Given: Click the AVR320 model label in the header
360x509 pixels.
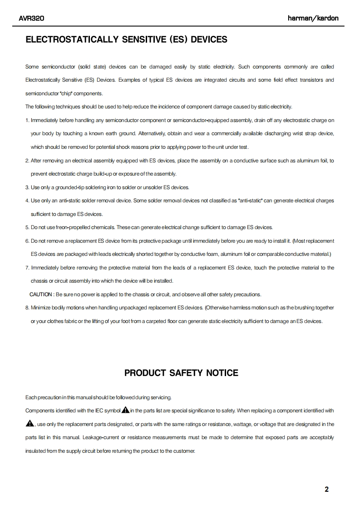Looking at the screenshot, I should point(31,19).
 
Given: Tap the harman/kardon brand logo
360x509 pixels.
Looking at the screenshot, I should point(313,19).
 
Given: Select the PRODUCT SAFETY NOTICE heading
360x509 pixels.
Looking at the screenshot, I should point(181,373).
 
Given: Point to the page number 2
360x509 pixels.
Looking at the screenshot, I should point(326,489).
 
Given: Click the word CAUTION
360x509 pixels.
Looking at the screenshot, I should point(41,294).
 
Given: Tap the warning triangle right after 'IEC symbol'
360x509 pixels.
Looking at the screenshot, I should point(125,411).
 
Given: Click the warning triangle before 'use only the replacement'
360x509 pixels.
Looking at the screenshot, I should point(30,424).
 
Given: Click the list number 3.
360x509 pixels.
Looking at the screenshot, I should point(27,187).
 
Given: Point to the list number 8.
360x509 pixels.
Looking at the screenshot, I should point(27,308).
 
